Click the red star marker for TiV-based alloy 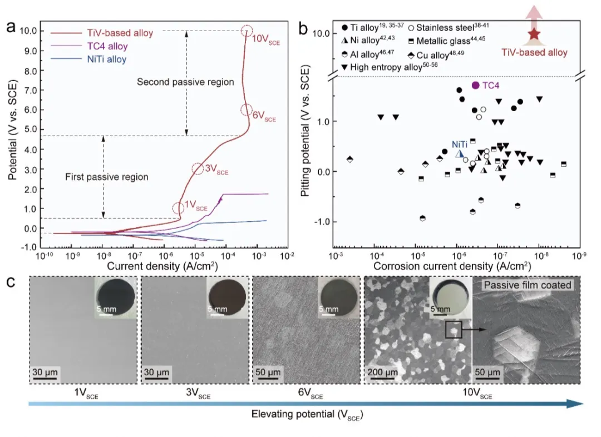coord(534,34)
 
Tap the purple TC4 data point coord(475,85)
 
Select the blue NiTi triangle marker coord(460,154)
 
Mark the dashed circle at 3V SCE coord(198,168)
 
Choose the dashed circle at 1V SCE coord(178,208)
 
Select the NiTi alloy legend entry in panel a coord(105,59)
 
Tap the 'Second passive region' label coord(185,82)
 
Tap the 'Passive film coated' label coord(527,285)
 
